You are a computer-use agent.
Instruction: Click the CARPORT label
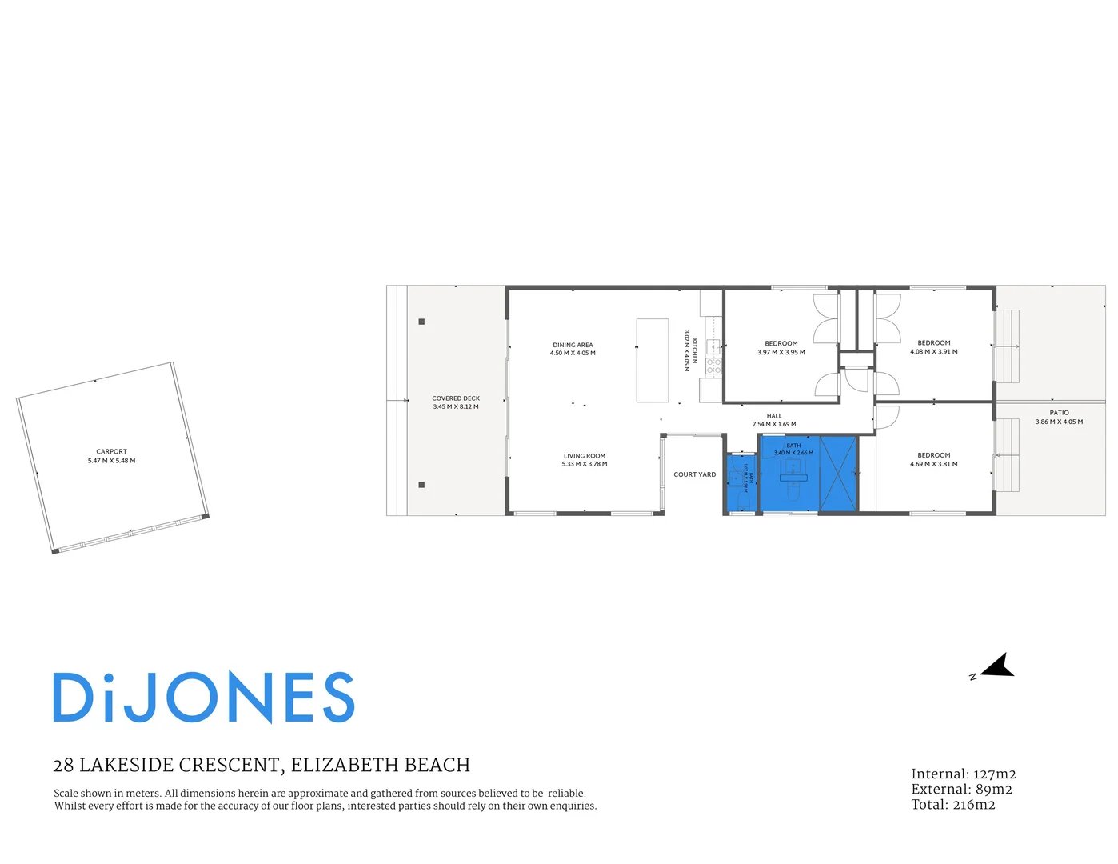(111, 451)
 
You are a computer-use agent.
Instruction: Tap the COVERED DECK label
(456, 398)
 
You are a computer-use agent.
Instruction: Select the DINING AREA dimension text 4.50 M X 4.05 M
(573, 353)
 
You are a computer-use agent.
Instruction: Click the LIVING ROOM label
(585, 456)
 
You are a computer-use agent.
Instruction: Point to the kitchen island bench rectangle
(653, 360)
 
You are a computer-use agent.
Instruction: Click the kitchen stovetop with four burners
(713, 366)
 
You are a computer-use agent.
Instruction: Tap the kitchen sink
(713, 346)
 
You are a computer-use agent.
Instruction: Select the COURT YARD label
(694, 474)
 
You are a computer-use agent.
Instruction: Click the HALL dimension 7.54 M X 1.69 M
(774, 425)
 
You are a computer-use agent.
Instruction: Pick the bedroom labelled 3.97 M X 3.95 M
(781, 348)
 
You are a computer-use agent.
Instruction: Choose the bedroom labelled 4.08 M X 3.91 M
(934, 347)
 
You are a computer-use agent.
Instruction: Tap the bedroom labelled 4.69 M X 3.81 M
(934, 460)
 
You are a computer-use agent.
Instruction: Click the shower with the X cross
(838, 474)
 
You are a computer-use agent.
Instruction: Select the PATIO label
(1059, 413)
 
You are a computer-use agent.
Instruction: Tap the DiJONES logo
(204, 698)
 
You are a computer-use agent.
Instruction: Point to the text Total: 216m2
(953, 805)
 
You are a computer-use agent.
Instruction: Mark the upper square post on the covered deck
(421, 322)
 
